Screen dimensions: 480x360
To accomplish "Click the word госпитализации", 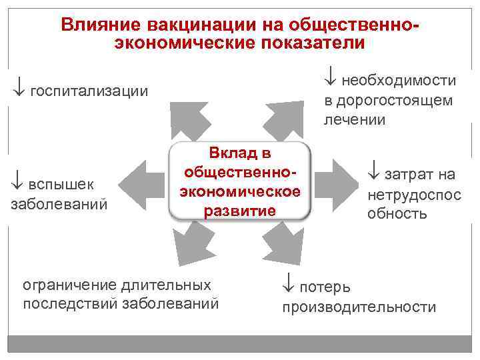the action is [89, 90].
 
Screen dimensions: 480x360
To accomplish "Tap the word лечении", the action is [355, 120].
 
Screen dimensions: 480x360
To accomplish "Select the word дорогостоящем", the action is [389, 101].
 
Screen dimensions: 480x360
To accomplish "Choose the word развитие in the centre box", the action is [240, 211].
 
